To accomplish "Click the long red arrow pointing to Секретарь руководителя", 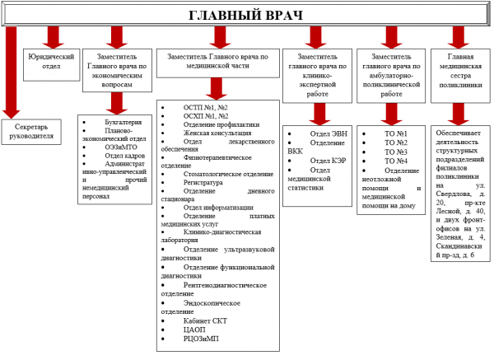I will [10, 74].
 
